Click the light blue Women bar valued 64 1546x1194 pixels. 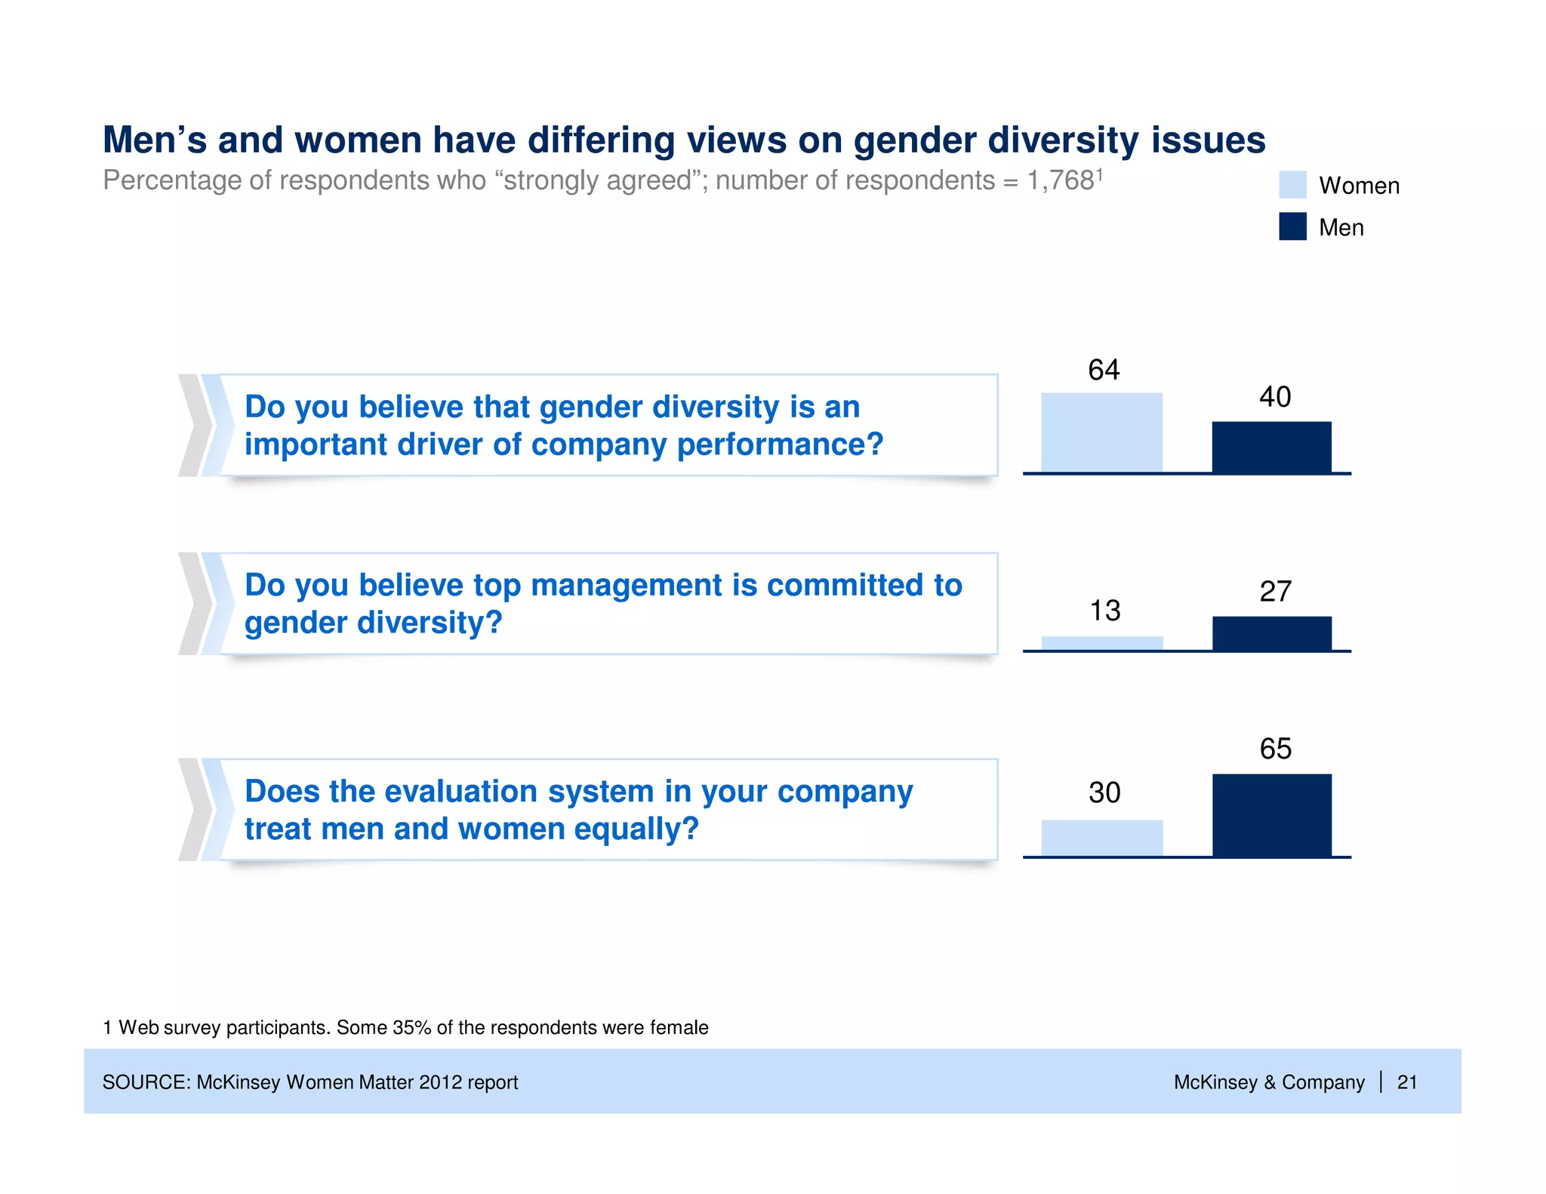click(x=1101, y=432)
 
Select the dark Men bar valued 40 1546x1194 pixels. click(x=1271, y=447)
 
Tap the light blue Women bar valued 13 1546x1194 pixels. click(x=1102, y=643)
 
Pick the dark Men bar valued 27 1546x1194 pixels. click(x=1271, y=633)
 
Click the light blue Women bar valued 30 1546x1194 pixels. click(x=1102, y=838)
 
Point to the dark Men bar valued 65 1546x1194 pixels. click(x=1271, y=815)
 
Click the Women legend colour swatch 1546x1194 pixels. click(x=1292, y=185)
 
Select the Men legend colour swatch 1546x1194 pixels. click(x=1292, y=226)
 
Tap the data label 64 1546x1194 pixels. click(x=1103, y=370)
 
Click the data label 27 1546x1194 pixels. click(x=1275, y=592)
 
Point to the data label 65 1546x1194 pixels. click(x=1275, y=749)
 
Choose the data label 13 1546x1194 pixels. click(x=1104, y=611)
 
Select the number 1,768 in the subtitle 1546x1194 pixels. click(x=1060, y=181)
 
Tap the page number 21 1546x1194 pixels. click(x=1406, y=1082)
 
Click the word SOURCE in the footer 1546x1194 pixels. click(x=146, y=1082)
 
